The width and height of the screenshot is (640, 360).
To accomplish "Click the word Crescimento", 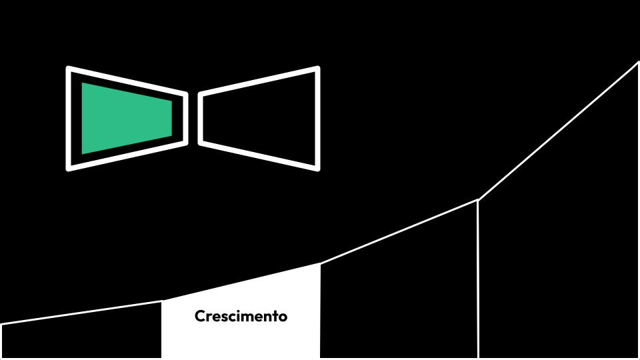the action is (241, 316).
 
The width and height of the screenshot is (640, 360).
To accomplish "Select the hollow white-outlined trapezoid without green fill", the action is (259, 118).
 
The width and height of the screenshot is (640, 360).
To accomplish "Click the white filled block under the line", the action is (241, 333).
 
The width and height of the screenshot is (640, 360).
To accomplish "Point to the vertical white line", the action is (478, 280).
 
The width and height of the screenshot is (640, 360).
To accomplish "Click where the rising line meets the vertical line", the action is (478, 199).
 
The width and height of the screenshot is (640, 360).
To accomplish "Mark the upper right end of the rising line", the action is (638, 62).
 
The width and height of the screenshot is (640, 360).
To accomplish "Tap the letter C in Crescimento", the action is (199, 316).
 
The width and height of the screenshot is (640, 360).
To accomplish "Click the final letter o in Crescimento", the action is (283, 317).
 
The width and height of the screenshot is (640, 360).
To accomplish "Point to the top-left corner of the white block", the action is (162, 301).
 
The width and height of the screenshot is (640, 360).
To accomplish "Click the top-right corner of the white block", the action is (320, 264).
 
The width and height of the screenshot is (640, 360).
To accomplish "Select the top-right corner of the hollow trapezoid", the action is (317, 68).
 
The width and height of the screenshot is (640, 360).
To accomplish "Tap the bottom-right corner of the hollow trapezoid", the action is (317, 168).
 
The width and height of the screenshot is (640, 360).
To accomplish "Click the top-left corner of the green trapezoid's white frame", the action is (69, 68).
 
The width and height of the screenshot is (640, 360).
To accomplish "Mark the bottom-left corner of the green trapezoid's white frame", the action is (69, 168).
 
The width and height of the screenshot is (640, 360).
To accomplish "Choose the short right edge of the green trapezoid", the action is (171, 118).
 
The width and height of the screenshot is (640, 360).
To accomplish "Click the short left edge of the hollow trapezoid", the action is (201, 118).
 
